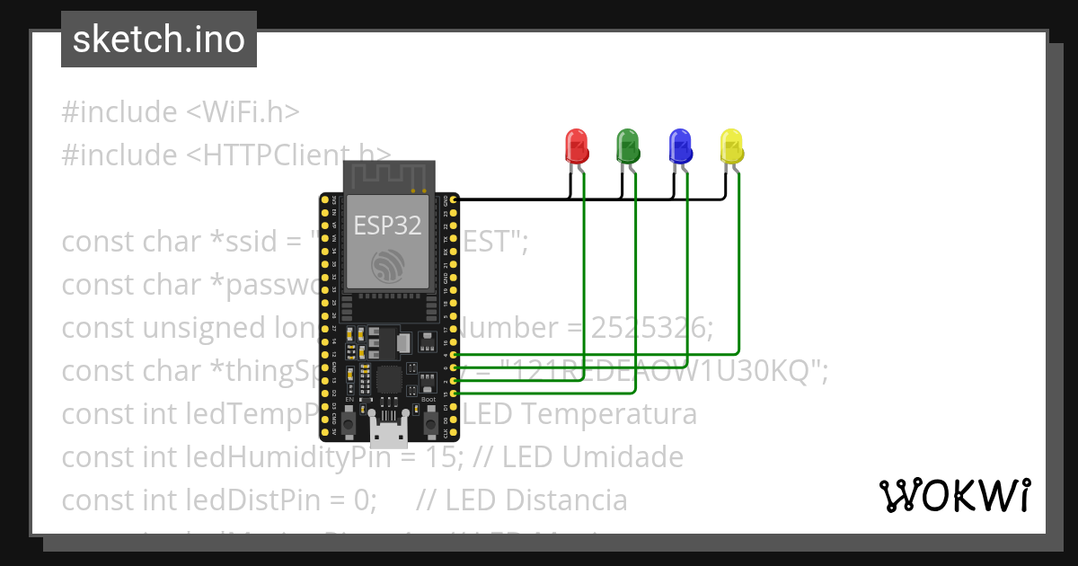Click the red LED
coord(575,146)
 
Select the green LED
coord(627,146)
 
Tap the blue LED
coord(679,146)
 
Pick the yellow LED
coord(731,146)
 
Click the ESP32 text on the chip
coord(387,226)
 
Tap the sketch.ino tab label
coord(159,40)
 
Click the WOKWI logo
coord(954,495)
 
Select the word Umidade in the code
coord(622,457)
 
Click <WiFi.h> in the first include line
coord(243,112)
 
